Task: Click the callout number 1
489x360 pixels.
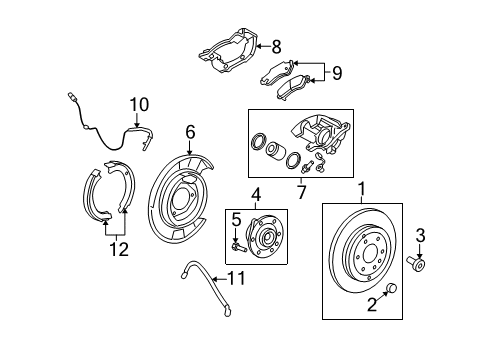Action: pyautogui.click(x=363, y=186)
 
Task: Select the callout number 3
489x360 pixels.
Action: pyautogui.click(x=421, y=235)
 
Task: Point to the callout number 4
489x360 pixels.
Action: pyautogui.click(x=256, y=195)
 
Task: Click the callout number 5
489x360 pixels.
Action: pyautogui.click(x=238, y=219)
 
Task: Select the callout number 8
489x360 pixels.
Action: pyautogui.click(x=277, y=45)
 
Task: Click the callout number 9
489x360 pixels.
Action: pyautogui.click(x=337, y=73)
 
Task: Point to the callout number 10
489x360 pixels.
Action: pyautogui.click(x=138, y=102)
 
